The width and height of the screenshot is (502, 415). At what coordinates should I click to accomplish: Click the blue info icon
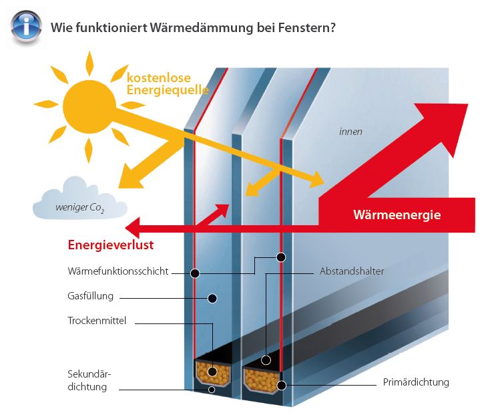(26, 26)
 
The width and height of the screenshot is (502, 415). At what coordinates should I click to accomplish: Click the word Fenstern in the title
(306, 27)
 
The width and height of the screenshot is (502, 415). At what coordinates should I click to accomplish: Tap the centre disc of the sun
(89, 106)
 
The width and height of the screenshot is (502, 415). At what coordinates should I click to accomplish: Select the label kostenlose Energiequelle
(168, 84)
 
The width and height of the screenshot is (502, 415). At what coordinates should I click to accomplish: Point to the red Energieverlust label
(111, 245)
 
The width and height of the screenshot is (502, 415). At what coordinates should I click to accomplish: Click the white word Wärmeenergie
(397, 215)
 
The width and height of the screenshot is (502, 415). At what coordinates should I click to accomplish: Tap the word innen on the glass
(350, 132)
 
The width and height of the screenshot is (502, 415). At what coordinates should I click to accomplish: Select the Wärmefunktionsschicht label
(117, 271)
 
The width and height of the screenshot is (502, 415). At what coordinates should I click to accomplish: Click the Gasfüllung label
(90, 296)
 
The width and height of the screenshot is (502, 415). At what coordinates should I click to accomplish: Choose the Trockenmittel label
(97, 321)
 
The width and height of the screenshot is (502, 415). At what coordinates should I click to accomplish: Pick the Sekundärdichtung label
(89, 380)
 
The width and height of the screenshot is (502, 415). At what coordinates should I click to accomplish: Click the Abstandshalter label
(352, 271)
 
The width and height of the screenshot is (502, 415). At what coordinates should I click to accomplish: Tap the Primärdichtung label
(416, 382)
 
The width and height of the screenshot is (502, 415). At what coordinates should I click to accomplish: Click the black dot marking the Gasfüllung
(212, 298)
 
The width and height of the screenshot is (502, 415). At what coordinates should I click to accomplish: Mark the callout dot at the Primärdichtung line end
(282, 385)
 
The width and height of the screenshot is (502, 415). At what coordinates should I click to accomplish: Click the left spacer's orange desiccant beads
(213, 373)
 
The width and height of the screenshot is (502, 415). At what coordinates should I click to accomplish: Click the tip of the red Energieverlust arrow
(125, 228)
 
